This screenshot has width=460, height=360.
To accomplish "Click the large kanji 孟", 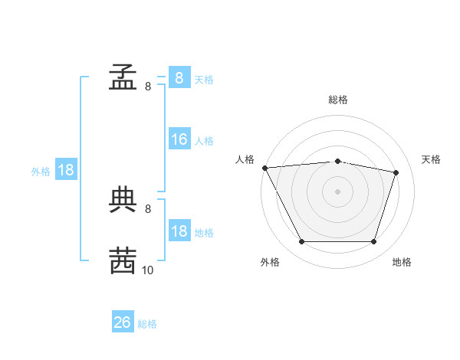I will pyautogui.click(x=123, y=77).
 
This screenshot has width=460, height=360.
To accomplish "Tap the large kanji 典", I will pyautogui.click(x=123, y=199).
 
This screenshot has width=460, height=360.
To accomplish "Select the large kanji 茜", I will pyautogui.click(x=123, y=260).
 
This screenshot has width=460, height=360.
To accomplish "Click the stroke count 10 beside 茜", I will pyautogui.click(x=147, y=270).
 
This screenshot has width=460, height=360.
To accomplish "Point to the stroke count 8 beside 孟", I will pyautogui.click(x=147, y=87).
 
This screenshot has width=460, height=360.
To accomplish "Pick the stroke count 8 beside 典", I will pyautogui.click(x=147, y=208).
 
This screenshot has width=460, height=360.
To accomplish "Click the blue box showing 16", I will pyautogui.click(x=179, y=139).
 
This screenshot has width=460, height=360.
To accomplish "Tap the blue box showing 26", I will pyautogui.click(x=123, y=322).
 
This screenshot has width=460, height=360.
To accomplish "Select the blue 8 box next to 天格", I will pyautogui.click(x=179, y=77).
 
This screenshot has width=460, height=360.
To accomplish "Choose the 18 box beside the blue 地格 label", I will pyautogui.click(x=179, y=231).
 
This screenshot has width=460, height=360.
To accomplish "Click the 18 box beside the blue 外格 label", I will pyautogui.click(x=66, y=170).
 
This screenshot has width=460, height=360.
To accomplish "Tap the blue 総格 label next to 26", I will pyautogui.click(x=147, y=324).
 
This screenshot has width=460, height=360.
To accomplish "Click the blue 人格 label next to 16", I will pyautogui.click(x=204, y=141).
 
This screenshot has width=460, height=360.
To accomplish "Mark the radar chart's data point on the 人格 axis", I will pyautogui.click(x=264, y=168).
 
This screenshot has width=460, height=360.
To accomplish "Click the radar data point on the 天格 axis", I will pyautogui.click(x=396, y=172).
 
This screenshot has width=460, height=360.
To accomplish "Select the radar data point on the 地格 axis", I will pyautogui.click(x=373, y=242).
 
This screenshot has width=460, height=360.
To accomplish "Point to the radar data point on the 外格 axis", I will pyautogui.click(x=301, y=242).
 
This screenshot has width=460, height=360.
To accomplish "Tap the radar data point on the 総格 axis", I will pyautogui.click(x=337, y=161).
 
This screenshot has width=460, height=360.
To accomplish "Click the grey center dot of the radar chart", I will pyautogui.click(x=337, y=191).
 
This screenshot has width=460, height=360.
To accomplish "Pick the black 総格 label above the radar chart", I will pyautogui.click(x=337, y=100).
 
